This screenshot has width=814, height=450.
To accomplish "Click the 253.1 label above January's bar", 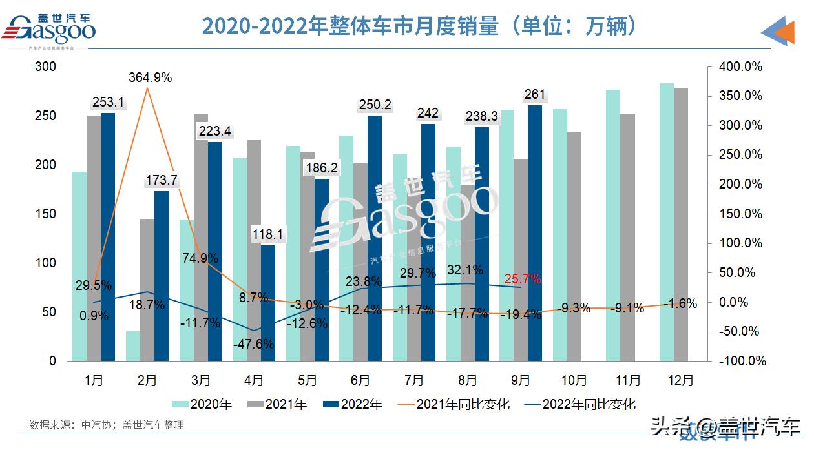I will tap(109, 101).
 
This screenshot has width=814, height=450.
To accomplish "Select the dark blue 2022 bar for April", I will tap(268, 303).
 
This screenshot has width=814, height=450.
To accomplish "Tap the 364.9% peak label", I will tap(150, 77).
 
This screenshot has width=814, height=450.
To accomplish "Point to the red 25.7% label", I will tap(522, 279).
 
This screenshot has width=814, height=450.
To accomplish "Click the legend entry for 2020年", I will tap(203, 404).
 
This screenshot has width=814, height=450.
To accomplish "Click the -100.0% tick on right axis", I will tap(740, 361).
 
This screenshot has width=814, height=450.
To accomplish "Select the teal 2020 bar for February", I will tap(133, 345).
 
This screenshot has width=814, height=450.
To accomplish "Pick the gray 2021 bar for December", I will tap(681, 224).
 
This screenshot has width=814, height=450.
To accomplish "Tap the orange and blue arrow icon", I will tap(778, 31).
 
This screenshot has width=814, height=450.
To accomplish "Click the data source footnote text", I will tap(107, 425).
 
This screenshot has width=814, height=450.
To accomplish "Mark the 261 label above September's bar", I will tap(536, 95).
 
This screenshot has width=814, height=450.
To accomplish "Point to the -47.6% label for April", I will tap(254, 344).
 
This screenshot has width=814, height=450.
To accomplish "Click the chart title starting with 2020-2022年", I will tap(420, 26).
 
